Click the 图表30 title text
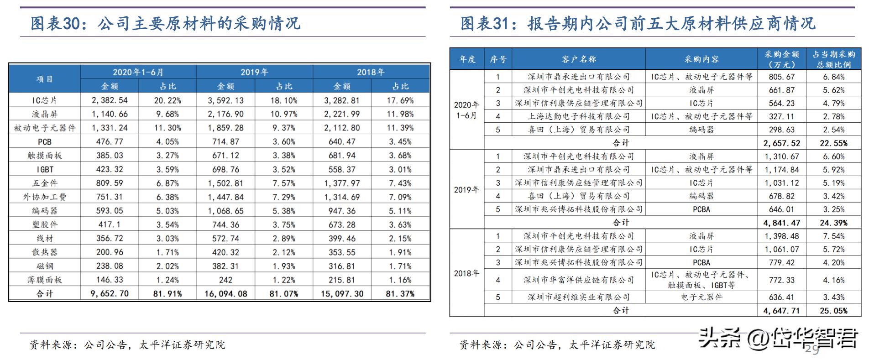165,23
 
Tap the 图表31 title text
637,23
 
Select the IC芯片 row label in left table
44,100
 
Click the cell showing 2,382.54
110,100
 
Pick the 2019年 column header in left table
254,72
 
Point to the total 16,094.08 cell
225,294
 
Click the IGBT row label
44,169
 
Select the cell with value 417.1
110,224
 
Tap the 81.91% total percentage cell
168,294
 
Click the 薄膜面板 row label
44,280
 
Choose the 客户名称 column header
578,59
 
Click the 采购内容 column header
701,59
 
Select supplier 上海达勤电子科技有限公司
578,117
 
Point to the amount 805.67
781,77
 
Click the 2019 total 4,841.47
781,223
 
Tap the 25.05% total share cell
833,311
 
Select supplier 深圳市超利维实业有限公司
578,297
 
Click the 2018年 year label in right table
466,273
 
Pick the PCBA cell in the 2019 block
701,209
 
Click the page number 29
812,350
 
